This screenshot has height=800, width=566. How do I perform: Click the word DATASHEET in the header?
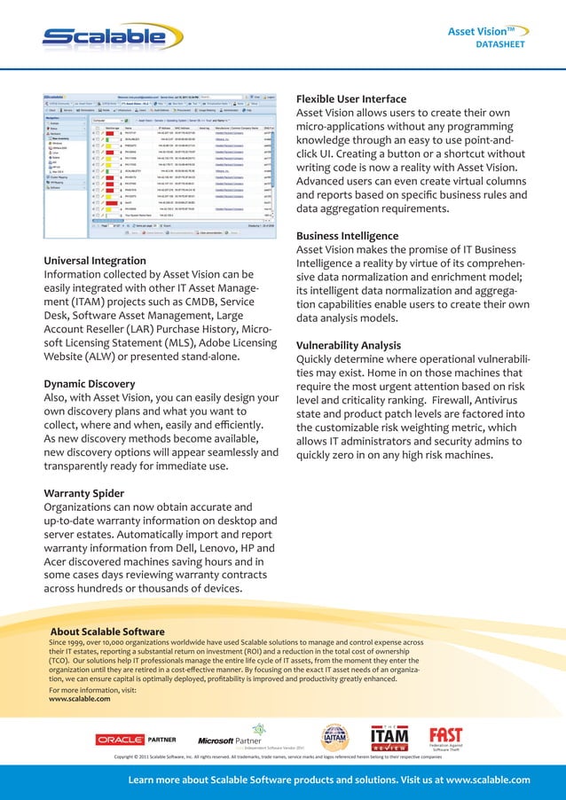[500, 43]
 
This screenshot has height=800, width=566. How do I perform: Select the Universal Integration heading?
[95, 262]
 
